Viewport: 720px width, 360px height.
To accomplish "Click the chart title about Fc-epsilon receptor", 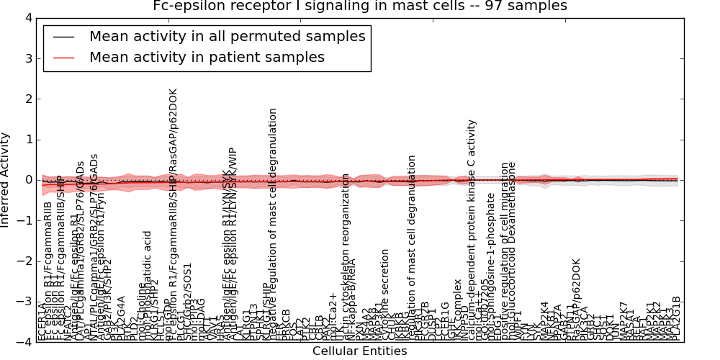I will (x=360, y=6).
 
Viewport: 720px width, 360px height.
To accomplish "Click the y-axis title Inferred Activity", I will (x=6, y=180).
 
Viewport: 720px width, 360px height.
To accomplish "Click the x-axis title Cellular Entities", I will (x=359, y=351).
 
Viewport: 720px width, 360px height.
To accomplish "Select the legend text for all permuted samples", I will (x=227, y=36).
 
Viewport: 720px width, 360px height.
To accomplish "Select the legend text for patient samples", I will (x=207, y=57).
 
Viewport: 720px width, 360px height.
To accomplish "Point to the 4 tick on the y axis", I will (x=27, y=18).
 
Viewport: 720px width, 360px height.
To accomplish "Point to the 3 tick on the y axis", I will (x=27, y=58).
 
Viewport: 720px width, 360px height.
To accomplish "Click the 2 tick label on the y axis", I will (x=27, y=99).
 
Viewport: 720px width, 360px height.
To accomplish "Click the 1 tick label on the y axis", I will (x=27, y=140).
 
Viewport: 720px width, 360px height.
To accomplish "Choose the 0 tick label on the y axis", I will (x=27, y=180).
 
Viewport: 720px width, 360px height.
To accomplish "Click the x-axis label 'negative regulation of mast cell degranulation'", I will (x=273, y=223).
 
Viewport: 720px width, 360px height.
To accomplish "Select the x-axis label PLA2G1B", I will (x=676, y=318).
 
